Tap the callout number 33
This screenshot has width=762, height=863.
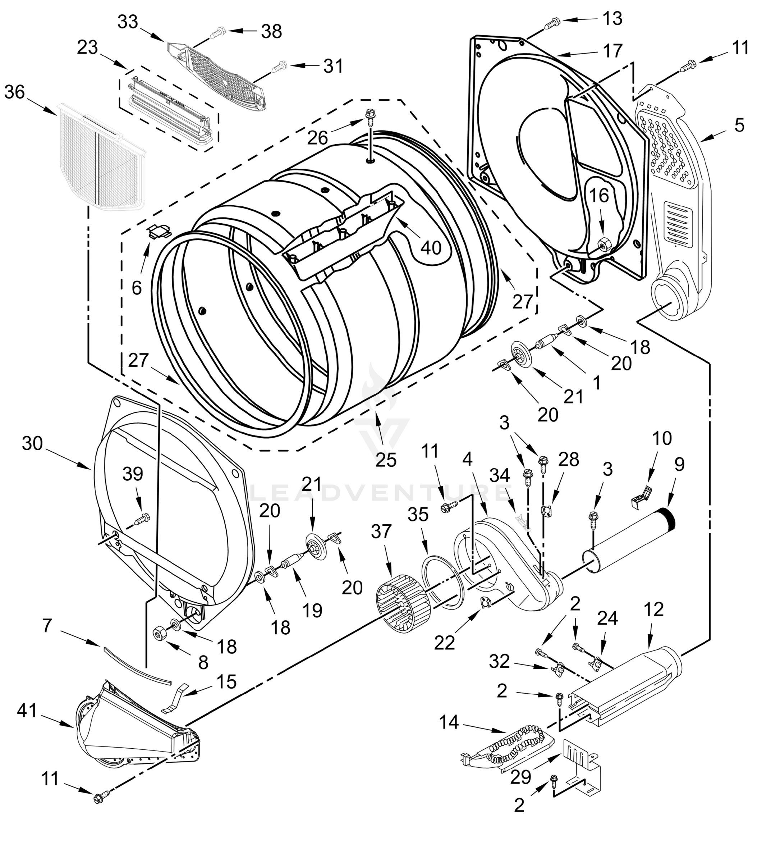click(128, 22)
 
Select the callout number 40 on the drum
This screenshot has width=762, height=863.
click(431, 247)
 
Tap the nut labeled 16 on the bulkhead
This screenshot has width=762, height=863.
click(602, 243)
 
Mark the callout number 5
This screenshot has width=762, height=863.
click(739, 125)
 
